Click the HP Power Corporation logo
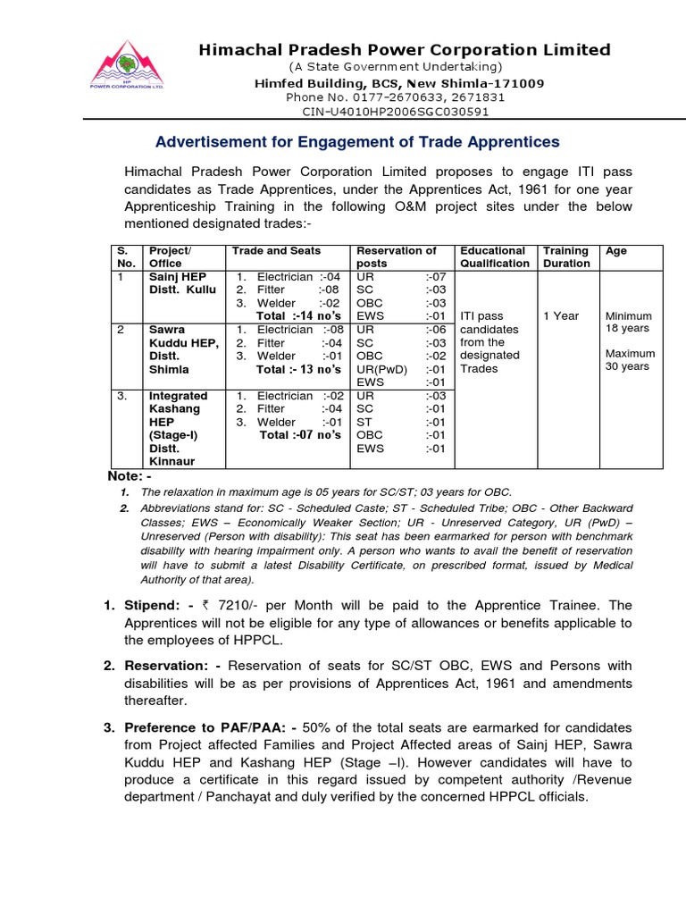[126, 64]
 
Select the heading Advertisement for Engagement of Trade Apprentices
[357, 141]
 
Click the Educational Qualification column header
[494, 257]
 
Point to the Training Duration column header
[566, 257]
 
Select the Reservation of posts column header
[397, 257]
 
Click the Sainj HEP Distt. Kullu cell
[181, 283]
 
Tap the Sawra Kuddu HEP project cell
[182, 348]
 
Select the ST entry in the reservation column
[364, 422]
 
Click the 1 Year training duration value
[561, 316]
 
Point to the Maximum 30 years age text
[629, 360]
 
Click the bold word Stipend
[152, 606]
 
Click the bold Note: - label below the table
[130, 476]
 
